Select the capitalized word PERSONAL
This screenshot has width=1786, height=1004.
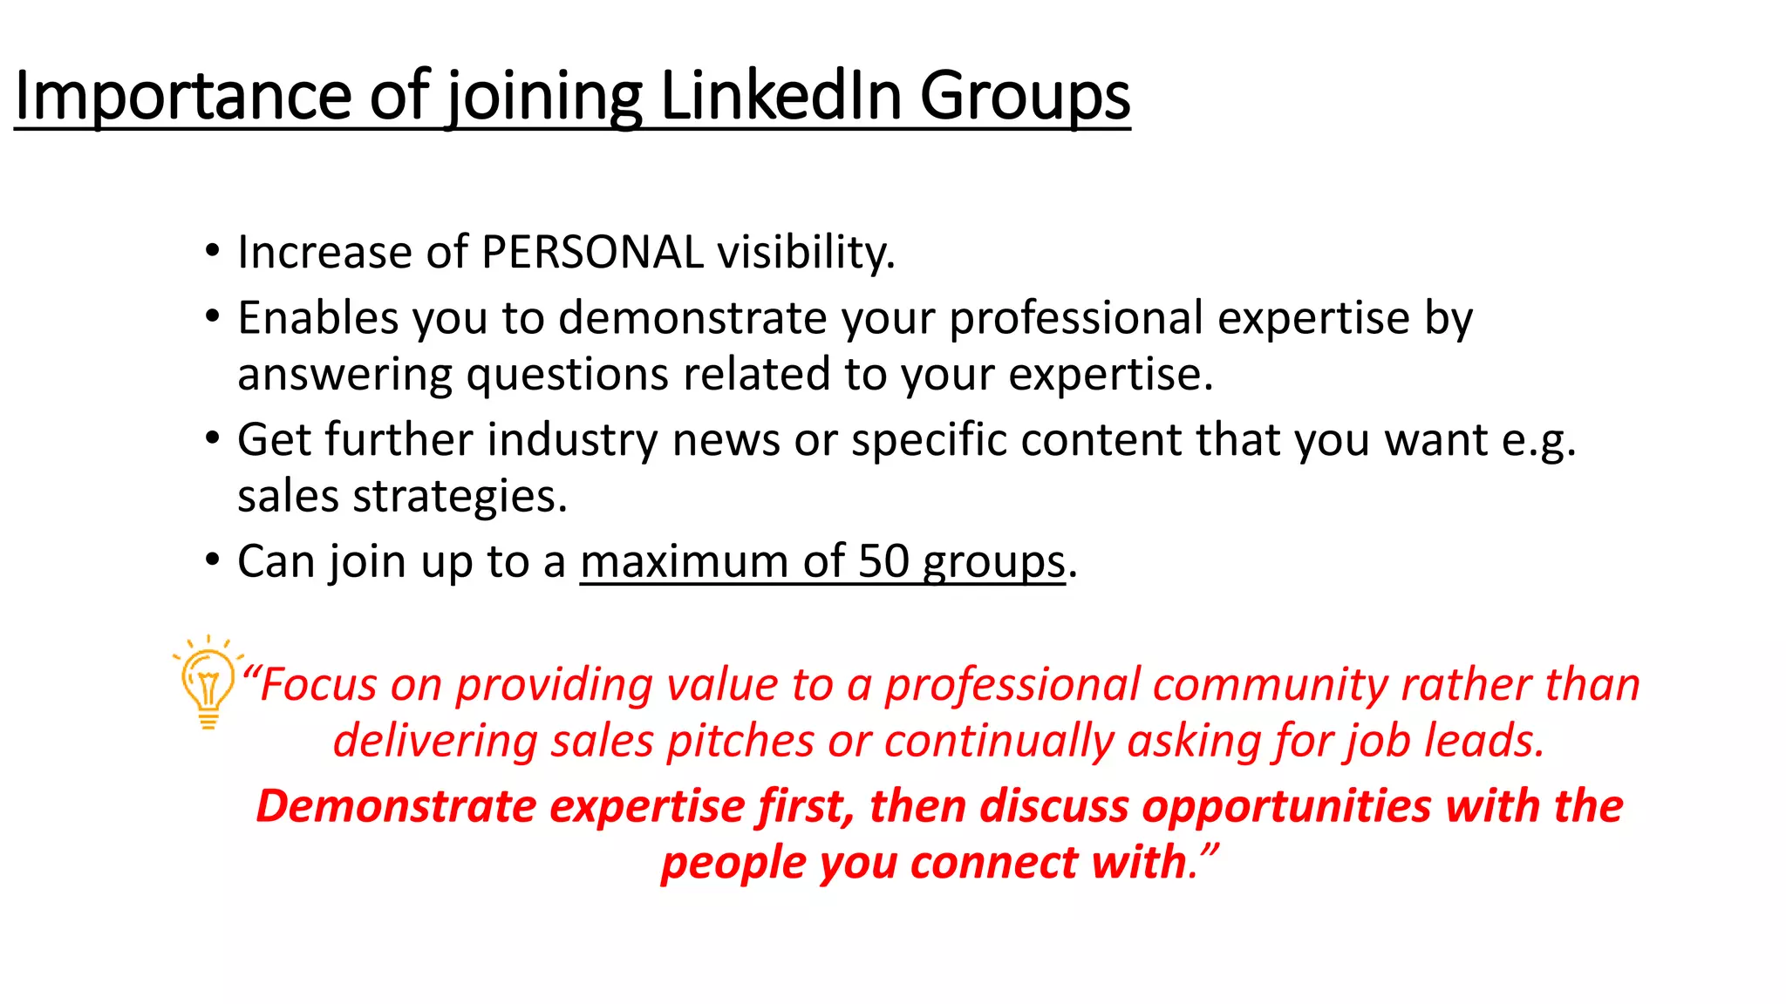(x=592, y=253)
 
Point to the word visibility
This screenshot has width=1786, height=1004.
(x=806, y=253)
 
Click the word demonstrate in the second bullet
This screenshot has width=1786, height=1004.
(x=692, y=318)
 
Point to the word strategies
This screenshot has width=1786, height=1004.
(x=460, y=497)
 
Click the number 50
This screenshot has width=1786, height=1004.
(x=883, y=561)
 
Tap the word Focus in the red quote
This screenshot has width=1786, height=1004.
(x=319, y=685)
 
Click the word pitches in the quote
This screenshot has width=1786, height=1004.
(x=740, y=742)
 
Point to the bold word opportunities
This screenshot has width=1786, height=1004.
(x=1286, y=806)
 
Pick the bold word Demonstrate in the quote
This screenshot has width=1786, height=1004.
(x=396, y=806)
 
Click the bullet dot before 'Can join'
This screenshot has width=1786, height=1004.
(x=213, y=560)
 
